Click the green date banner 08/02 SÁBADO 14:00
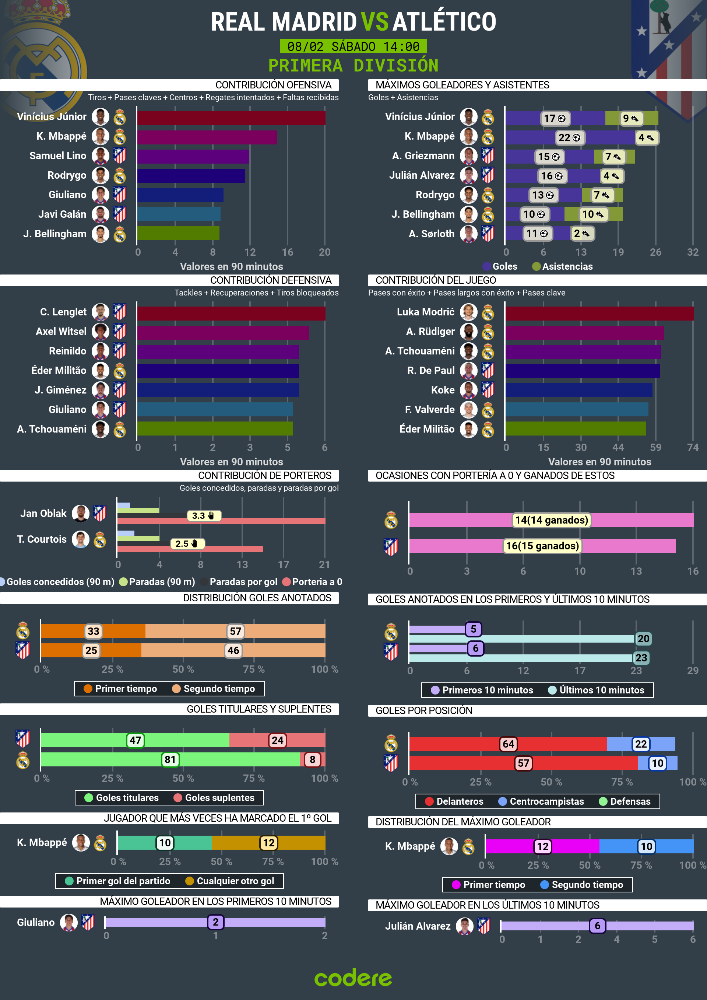(x=353, y=46)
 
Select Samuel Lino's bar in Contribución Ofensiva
(x=193, y=156)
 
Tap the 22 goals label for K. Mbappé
(x=569, y=138)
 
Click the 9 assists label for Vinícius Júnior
(x=630, y=119)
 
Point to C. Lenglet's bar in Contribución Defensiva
(x=231, y=314)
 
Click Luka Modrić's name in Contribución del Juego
(x=425, y=312)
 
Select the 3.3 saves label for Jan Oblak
(x=203, y=516)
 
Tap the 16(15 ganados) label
(x=542, y=546)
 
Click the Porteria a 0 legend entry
(x=312, y=581)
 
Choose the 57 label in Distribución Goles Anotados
(x=235, y=631)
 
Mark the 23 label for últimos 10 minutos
(x=641, y=658)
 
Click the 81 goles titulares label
(x=170, y=760)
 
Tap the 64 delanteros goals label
(x=508, y=744)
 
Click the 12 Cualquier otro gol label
(x=268, y=843)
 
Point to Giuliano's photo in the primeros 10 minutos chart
(x=69, y=922)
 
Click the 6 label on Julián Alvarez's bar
(x=597, y=926)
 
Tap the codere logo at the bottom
(x=353, y=978)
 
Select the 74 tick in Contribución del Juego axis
(x=692, y=447)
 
